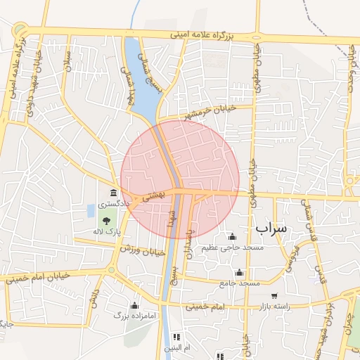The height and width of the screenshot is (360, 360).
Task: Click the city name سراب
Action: point(271,229)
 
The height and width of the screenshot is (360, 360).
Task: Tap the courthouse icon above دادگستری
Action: point(113,193)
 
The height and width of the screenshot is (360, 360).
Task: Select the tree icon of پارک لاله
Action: point(106,221)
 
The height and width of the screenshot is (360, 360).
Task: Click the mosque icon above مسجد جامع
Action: point(239,273)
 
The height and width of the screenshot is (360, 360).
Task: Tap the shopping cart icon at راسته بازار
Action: point(274,296)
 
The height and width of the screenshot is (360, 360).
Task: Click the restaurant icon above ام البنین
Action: point(176,337)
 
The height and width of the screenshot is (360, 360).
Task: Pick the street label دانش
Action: point(94,300)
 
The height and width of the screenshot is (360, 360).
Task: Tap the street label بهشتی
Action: point(153,195)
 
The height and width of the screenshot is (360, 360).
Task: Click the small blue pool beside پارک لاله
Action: point(90,210)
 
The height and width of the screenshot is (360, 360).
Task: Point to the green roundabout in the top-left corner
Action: point(20,30)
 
